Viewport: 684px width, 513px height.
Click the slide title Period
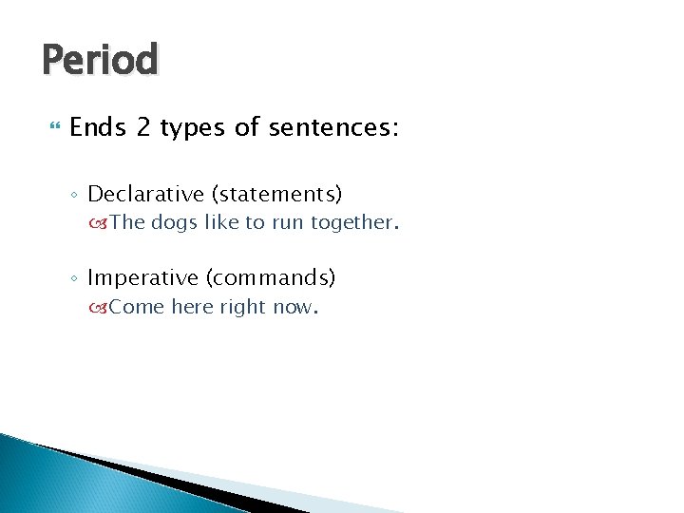pyautogui.click(x=100, y=60)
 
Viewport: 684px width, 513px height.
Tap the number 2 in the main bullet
pyautogui.click(x=143, y=127)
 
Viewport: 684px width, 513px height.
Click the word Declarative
pyautogui.click(x=145, y=194)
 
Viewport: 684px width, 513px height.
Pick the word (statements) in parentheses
pyautogui.click(x=276, y=194)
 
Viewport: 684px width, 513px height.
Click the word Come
pyautogui.click(x=137, y=307)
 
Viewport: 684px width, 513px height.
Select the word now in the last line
pyautogui.click(x=294, y=308)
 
